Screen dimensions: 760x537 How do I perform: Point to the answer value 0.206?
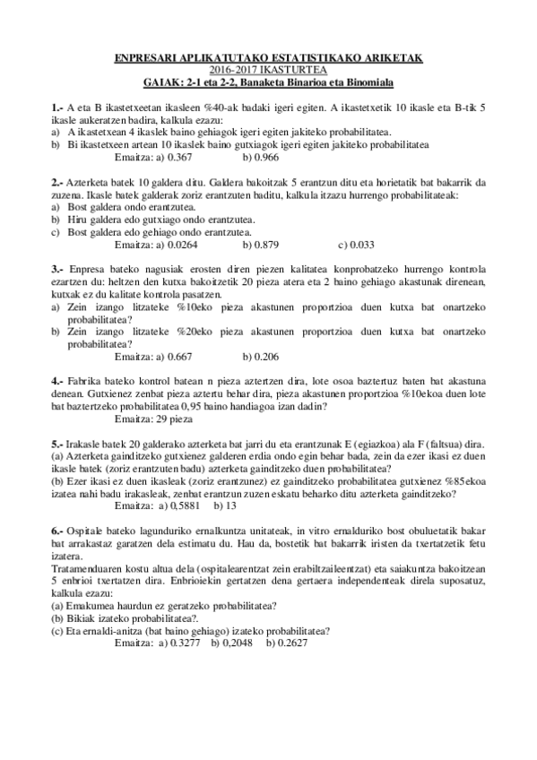tap(266, 356)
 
